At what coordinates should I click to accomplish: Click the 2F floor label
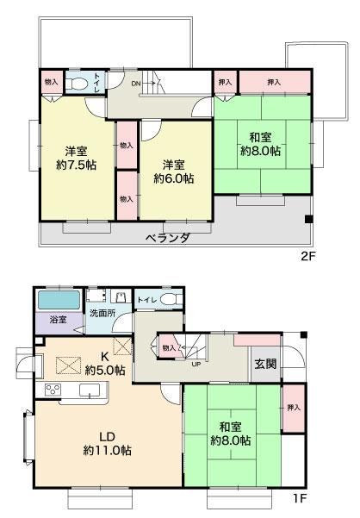(308, 256)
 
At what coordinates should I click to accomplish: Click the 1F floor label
(300, 498)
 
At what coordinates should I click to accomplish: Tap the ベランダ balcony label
(168, 238)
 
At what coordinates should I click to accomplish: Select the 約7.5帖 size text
(77, 165)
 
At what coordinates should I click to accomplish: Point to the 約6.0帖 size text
(174, 178)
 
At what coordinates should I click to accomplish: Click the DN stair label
(136, 84)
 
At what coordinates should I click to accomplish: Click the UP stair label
(196, 365)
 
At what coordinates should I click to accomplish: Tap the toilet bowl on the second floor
(77, 84)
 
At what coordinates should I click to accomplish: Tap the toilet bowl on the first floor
(171, 299)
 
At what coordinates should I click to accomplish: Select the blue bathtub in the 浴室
(59, 300)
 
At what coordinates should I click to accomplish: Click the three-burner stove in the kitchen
(53, 390)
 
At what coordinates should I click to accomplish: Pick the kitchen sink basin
(90, 390)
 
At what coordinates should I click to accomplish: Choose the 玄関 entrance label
(265, 364)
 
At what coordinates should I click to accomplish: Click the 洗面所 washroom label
(102, 313)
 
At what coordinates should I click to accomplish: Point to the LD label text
(108, 437)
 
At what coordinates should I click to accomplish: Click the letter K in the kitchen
(105, 357)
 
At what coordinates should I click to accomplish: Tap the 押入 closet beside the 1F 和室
(294, 408)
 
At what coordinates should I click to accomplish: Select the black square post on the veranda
(308, 219)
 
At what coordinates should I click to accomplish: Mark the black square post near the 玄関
(303, 335)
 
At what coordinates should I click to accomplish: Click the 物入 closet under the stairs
(169, 347)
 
